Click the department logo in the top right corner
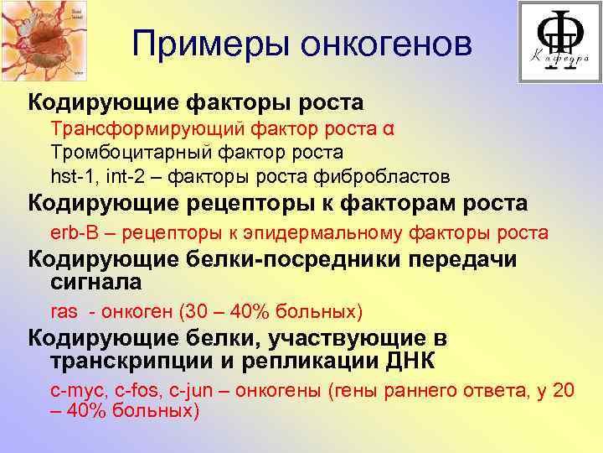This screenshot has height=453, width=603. (x=559, y=41)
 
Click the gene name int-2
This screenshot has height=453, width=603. (x=122, y=176)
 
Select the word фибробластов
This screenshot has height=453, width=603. (x=394, y=176)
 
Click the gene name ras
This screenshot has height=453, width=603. (x=64, y=312)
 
